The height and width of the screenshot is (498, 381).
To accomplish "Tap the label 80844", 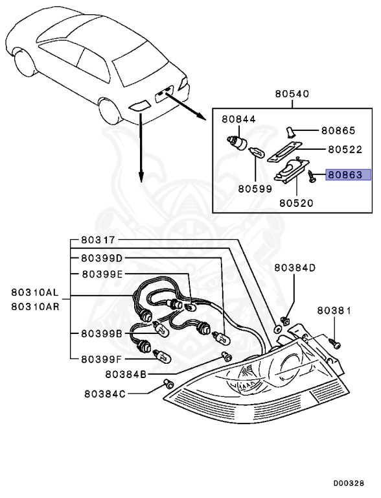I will pyautogui.click(x=239, y=119).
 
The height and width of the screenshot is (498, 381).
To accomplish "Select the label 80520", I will pyautogui.click(x=296, y=202).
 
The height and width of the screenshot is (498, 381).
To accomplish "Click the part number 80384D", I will pyautogui.click(x=295, y=267).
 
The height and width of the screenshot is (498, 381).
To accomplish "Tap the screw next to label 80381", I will pyautogui.click(x=334, y=339).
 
